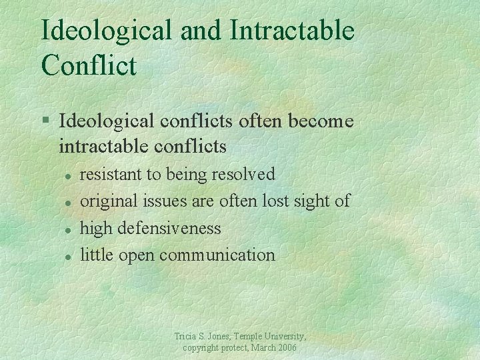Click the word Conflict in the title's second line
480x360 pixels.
[x=89, y=65]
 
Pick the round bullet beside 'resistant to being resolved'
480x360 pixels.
[x=67, y=175]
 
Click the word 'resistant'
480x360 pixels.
[x=111, y=175]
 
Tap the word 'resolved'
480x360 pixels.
[x=243, y=175]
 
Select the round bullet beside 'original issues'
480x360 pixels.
[x=67, y=202]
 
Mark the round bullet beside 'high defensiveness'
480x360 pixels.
[x=67, y=229]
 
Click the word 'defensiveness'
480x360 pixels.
[x=169, y=228]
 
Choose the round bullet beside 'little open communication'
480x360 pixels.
[x=67, y=255]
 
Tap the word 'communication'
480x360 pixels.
[x=217, y=255]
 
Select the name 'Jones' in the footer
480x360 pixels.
[x=216, y=337]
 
